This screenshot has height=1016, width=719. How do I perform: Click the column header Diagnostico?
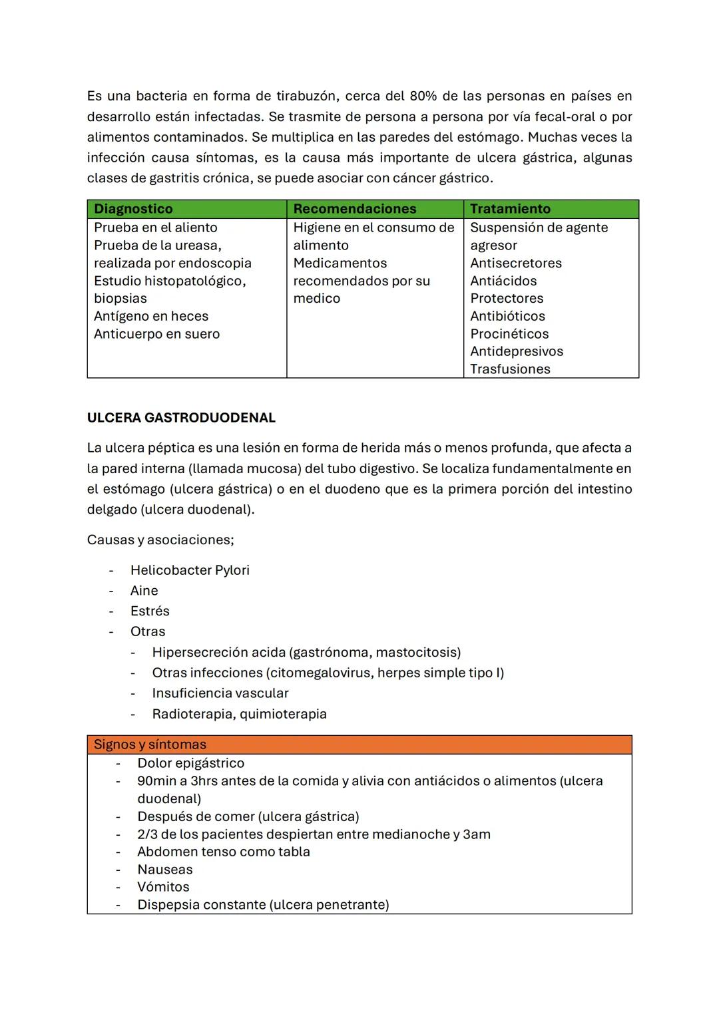[x=133, y=209]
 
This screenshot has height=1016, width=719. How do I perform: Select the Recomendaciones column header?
[x=354, y=209]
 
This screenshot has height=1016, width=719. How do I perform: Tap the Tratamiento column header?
[x=510, y=209]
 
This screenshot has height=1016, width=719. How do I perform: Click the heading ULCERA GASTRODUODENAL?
[x=181, y=418]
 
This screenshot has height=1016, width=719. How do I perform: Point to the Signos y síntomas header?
[x=150, y=745]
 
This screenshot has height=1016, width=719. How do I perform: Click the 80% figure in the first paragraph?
[x=423, y=96]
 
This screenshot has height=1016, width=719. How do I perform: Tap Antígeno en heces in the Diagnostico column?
[x=151, y=316]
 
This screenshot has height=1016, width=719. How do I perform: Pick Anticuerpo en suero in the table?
[x=156, y=334]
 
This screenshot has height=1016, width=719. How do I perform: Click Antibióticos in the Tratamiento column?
[x=507, y=316]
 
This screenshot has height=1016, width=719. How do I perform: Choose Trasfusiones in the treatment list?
[x=510, y=369]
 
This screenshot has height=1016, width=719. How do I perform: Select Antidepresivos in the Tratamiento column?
[x=517, y=351]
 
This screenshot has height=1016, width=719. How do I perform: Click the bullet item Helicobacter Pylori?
[x=190, y=570]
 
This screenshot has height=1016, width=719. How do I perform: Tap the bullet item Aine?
[x=144, y=591]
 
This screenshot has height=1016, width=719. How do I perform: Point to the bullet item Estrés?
[x=150, y=611]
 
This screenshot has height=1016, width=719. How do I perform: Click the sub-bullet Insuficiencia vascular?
[x=220, y=693]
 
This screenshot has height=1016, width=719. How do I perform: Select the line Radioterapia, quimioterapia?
[x=239, y=714]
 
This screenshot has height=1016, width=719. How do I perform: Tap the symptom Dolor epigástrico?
[x=190, y=763]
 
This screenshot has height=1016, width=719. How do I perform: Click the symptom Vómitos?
[x=163, y=887]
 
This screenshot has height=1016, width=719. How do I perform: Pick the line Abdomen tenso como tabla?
[x=223, y=852]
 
